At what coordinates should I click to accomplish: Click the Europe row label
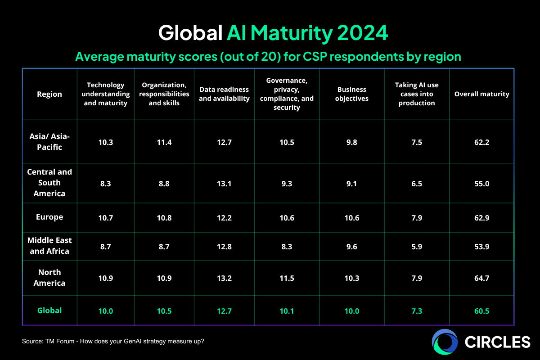pyautogui.click(x=49, y=217)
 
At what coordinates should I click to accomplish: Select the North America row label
pyautogui.click(x=49, y=278)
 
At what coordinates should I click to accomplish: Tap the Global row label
pyautogui.click(x=49, y=310)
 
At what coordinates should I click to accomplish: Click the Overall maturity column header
pyautogui.click(x=481, y=94)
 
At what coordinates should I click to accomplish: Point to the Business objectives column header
pyautogui.click(x=352, y=94)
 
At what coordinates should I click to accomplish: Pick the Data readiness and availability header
pyautogui.click(x=224, y=94)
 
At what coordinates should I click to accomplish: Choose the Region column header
pyautogui.click(x=49, y=94)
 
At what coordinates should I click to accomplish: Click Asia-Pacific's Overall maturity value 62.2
pyautogui.click(x=481, y=142)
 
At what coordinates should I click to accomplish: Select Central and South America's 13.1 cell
pyautogui.click(x=224, y=183)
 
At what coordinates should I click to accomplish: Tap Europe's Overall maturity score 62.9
pyautogui.click(x=481, y=217)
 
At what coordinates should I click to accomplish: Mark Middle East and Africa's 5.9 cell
pyautogui.click(x=417, y=246)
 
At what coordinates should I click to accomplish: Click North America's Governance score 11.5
pyautogui.click(x=287, y=278)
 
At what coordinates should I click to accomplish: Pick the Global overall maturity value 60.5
pyautogui.click(x=481, y=311)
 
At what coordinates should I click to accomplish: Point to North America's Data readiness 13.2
pyautogui.click(x=224, y=278)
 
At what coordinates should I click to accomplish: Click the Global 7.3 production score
pyautogui.click(x=417, y=311)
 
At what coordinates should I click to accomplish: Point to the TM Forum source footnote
pyautogui.click(x=113, y=342)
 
